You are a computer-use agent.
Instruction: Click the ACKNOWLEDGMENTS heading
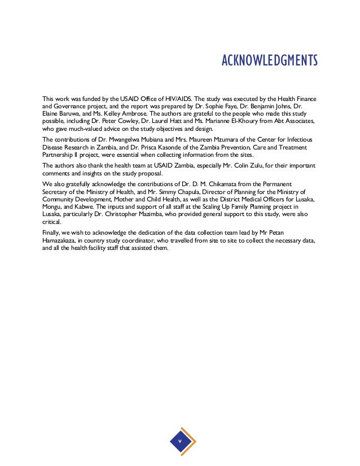click(270, 60)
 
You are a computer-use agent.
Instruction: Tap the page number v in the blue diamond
click(180, 440)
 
